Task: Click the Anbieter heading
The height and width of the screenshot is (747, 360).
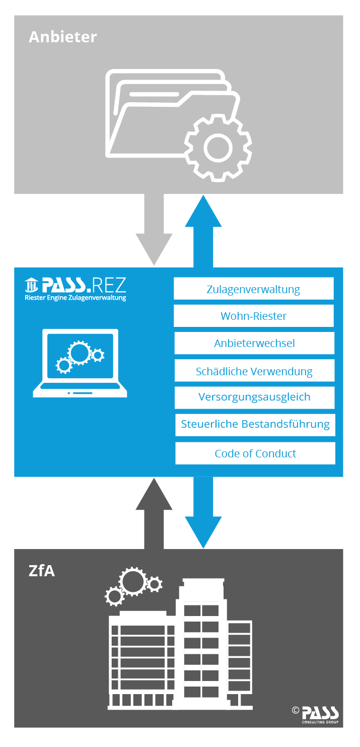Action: click(62, 37)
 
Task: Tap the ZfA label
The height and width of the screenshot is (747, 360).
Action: click(42, 571)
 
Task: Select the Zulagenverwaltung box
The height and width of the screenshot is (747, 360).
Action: click(253, 289)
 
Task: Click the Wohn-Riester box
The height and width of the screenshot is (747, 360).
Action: click(253, 316)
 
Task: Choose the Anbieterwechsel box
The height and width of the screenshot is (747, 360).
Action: click(254, 344)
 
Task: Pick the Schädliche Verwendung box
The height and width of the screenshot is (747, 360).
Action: click(254, 371)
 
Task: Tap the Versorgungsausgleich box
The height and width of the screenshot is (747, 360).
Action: click(254, 397)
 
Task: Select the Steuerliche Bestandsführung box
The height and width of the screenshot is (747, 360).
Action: click(255, 424)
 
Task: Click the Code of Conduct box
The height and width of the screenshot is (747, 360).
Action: click(255, 453)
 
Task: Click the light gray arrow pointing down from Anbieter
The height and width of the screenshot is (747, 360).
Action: click(154, 227)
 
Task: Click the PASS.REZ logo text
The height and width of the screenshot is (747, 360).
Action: click(76, 286)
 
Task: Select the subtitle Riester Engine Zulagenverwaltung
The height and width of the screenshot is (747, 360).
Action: click(76, 298)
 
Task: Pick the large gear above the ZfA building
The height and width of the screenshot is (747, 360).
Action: click(134, 581)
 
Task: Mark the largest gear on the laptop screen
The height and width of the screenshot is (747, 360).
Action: click(79, 352)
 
